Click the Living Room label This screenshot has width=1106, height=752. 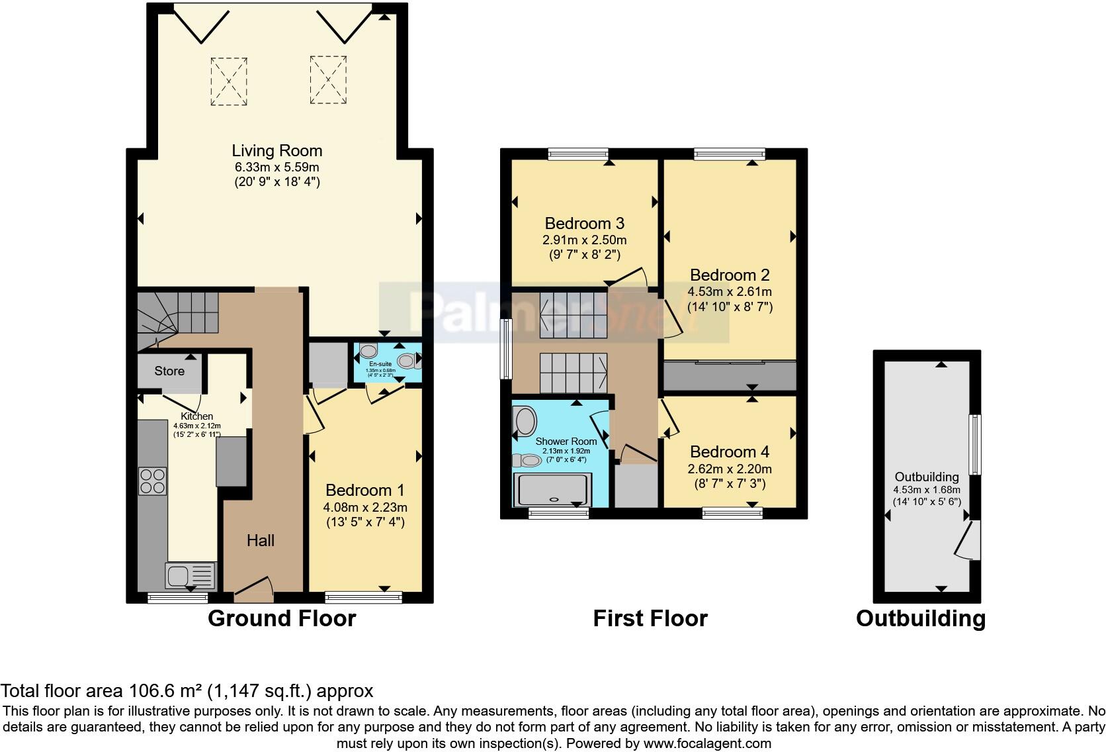[276, 151]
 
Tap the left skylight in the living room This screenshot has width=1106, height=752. [229, 81]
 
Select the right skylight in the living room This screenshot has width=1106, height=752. [328, 80]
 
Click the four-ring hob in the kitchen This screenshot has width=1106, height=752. [152, 481]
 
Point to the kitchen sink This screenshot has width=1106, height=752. [191, 575]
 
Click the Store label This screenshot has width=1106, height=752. [169, 371]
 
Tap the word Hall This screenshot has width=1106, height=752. [261, 541]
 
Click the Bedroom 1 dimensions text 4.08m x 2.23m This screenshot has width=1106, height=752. [364, 508]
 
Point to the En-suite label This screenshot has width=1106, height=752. [380, 364]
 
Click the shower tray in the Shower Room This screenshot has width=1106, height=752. [552, 491]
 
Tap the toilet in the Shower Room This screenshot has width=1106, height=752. [530, 460]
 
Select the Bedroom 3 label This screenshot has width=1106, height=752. [584, 224]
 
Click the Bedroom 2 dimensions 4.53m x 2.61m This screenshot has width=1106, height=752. [730, 292]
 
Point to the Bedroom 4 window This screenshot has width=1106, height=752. [732, 512]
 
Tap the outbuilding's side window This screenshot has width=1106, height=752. [974, 444]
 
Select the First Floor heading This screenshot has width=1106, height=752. [650, 618]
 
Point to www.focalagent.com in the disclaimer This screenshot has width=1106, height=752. [706, 743]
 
